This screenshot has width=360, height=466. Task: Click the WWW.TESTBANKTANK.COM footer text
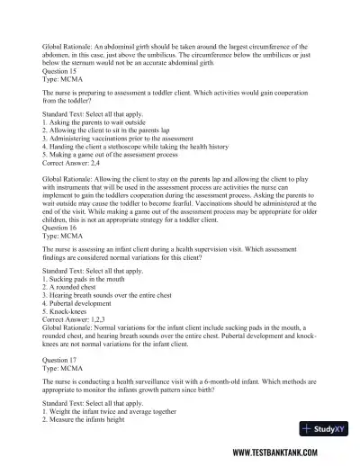[x=286, y=453]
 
